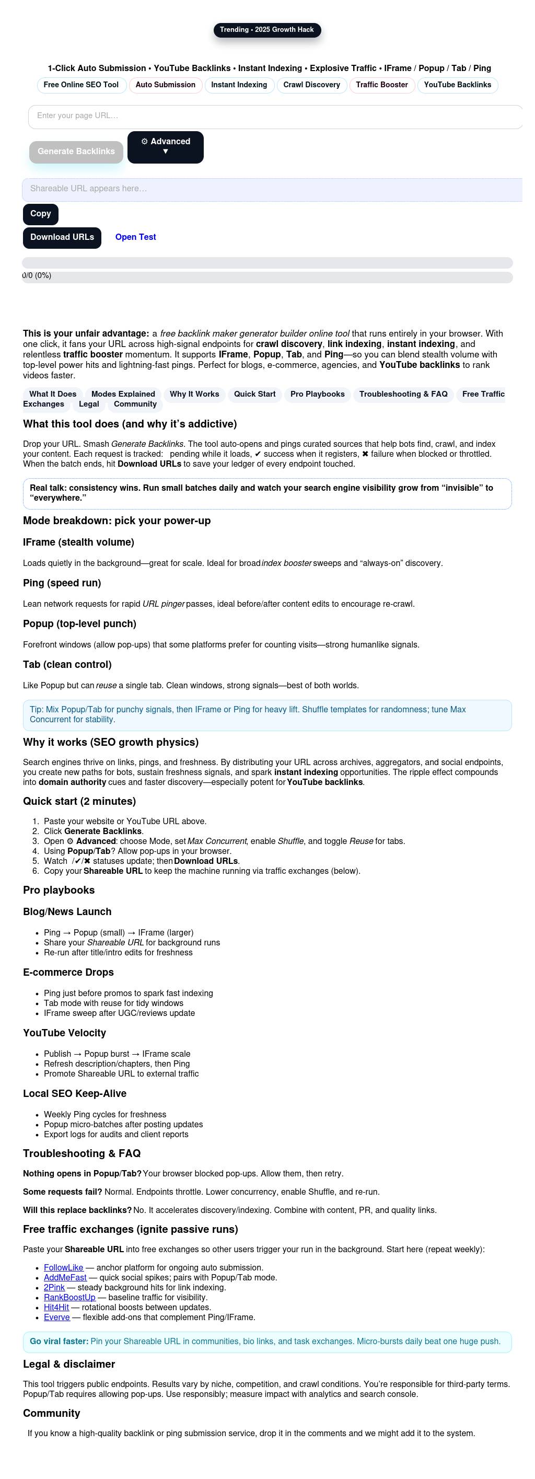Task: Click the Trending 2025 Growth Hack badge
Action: click(267, 30)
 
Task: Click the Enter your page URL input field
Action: click(275, 116)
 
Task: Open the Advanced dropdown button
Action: click(165, 147)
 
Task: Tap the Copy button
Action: click(40, 214)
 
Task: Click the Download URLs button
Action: click(62, 237)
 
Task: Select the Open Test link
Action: click(135, 237)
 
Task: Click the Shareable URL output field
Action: click(272, 189)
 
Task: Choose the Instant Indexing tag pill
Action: click(239, 85)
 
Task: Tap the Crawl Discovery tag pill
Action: click(311, 85)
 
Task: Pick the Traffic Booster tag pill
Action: click(382, 85)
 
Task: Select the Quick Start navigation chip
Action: click(254, 394)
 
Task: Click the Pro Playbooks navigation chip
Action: click(318, 394)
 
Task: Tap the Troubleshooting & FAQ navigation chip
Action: click(403, 394)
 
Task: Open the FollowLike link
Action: click(63, 1268)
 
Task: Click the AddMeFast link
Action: click(65, 1277)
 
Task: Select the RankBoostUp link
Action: click(69, 1298)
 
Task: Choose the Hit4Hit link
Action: click(56, 1308)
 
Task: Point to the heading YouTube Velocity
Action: click(64, 1033)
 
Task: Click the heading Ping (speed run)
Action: click(62, 583)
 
